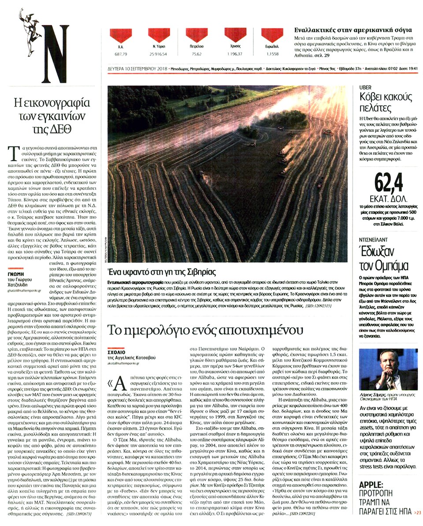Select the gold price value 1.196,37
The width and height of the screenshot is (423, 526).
tap(235, 54)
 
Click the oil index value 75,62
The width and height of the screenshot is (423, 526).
tap(197, 54)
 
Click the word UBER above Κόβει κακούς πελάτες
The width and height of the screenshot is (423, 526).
tap(367, 87)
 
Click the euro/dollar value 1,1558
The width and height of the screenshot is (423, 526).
tap(272, 54)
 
